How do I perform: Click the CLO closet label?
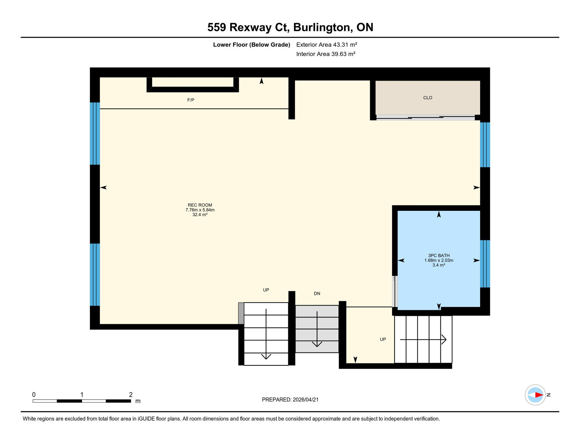click(x=427, y=98)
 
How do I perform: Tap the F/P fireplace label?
click(x=191, y=100)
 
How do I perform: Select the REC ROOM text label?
click(x=200, y=205)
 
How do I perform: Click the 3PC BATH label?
click(x=439, y=256)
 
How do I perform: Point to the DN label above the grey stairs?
click(x=317, y=293)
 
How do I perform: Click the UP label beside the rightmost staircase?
click(x=382, y=339)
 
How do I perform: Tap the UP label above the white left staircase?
click(x=266, y=290)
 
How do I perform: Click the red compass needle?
click(x=539, y=395)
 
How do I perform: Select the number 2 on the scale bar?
click(x=131, y=395)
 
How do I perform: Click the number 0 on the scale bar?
click(x=34, y=395)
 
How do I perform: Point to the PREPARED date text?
click(x=290, y=400)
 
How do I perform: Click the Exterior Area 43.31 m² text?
click(x=326, y=45)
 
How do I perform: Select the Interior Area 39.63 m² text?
click(x=326, y=54)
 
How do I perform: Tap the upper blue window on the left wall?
click(x=95, y=134)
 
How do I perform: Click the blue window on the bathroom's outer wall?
click(x=485, y=264)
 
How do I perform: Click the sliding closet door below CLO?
click(x=425, y=118)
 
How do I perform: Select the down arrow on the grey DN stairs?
click(x=317, y=330)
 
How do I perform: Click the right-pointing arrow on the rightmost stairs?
click(x=423, y=339)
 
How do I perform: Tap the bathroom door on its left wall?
click(x=395, y=291)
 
